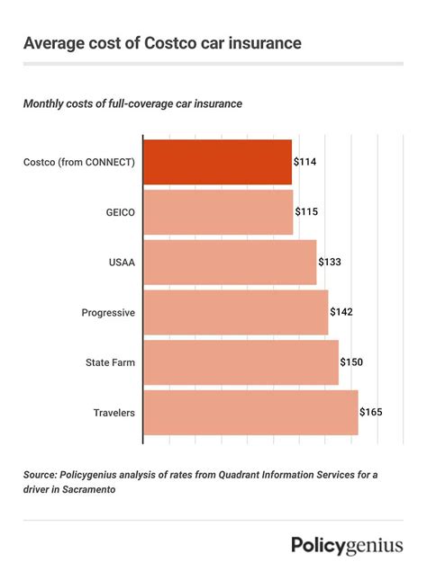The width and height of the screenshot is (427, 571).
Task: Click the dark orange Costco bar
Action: click(x=217, y=162)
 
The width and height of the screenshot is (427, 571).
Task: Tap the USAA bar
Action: click(x=230, y=262)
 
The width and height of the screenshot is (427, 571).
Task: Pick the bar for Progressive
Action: click(x=235, y=312)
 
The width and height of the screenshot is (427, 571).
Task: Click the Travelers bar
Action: click(x=250, y=412)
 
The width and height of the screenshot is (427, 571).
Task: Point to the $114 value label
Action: click(x=304, y=162)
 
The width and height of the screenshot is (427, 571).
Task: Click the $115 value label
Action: click(x=306, y=212)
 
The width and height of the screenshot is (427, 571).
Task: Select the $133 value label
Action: click(x=330, y=262)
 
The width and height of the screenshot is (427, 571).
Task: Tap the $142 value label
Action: click(x=341, y=312)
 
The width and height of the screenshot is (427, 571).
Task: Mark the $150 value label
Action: click(x=351, y=361)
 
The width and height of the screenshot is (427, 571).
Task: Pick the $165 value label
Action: click(x=371, y=412)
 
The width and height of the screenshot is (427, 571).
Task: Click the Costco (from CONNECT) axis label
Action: click(x=80, y=162)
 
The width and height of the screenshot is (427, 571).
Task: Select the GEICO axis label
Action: click(x=119, y=212)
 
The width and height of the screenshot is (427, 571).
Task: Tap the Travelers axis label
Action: click(x=114, y=412)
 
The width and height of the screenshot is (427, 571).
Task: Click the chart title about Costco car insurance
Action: click(x=162, y=42)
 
